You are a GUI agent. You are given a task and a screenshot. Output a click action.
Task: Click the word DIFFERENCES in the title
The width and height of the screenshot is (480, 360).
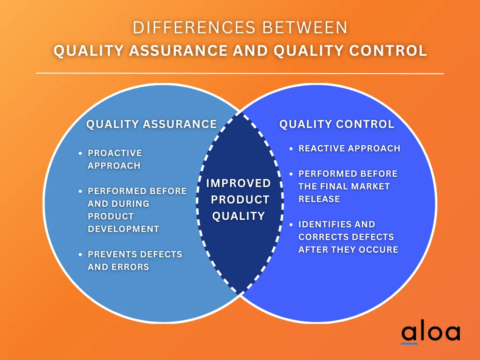click(x=194, y=28)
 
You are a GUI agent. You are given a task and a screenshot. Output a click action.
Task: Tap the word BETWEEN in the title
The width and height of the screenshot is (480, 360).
click(x=305, y=28)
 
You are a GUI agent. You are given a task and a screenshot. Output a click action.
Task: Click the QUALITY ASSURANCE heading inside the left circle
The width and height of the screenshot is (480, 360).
click(x=151, y=124)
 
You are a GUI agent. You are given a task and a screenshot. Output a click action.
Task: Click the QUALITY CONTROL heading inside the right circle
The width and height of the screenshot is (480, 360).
click(x=337, y=124)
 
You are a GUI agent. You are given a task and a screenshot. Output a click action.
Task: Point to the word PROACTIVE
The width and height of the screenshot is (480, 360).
click(x=115, y=153)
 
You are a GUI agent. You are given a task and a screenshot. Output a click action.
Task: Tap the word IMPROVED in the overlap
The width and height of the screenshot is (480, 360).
click(x=239, y=183)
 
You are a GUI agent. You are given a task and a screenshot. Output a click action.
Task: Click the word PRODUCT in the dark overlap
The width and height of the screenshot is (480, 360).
click(x=240, y=200)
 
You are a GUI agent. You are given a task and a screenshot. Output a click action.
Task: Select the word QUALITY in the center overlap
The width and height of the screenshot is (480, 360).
click(x=239, y=216)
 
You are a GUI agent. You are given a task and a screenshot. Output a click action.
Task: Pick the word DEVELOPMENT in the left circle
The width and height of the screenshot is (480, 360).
click(x=123, y=229)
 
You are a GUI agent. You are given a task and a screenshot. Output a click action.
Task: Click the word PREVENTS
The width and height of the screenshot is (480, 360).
click(x=111, y=255)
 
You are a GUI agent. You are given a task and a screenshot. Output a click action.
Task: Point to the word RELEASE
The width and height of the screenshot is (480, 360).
click(x=319, y=199)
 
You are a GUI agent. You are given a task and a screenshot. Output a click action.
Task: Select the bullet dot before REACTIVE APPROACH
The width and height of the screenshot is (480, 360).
click(x=291, y=149)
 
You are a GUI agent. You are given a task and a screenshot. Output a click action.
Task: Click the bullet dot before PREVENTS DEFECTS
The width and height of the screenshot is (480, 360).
click(x=80, y=255)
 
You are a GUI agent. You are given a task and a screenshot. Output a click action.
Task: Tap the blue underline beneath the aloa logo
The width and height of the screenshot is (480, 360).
click(x=409, y=344)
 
